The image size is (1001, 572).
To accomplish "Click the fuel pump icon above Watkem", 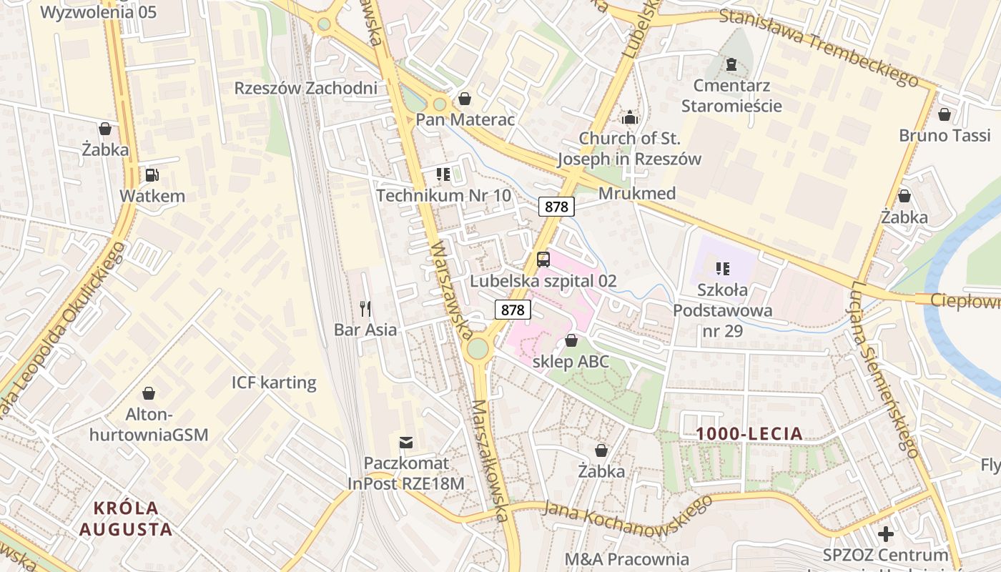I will [152, 174].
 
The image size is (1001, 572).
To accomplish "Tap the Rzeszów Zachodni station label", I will [305, 89].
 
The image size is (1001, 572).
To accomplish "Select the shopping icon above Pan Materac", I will [465, 99].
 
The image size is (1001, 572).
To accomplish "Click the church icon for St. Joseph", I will [630, 117].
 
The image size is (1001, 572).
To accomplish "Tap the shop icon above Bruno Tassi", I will [944, 114].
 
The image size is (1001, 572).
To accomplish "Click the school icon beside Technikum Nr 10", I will [443, 174].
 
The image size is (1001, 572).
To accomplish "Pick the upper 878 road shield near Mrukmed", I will [556, 207].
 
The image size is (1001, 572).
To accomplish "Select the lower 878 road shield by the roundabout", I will [513, 310].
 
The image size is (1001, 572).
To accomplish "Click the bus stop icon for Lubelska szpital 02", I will [543, 260].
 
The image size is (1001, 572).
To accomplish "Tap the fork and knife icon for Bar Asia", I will [365, 309].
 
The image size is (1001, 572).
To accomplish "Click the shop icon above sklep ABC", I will [571, 340].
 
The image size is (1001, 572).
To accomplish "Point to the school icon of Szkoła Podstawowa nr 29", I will [722, 269].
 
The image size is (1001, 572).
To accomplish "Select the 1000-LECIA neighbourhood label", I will [749, 433].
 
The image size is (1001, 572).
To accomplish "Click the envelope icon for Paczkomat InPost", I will [406, 443].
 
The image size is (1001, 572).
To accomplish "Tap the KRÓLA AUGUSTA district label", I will [126, 519].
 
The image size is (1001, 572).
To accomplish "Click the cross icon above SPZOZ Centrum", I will [886, 534].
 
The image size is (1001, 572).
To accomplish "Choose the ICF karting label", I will [274, 383].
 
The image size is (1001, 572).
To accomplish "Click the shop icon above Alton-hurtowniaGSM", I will [149, 393].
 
